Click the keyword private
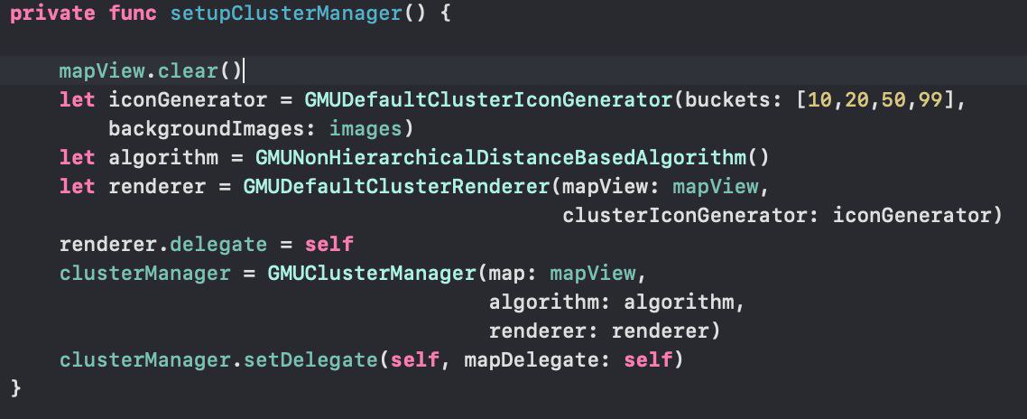tap(52, 14)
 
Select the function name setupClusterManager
tap(286, 14)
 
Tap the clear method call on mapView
tap(188, 70)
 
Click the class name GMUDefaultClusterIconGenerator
tap(488, 100)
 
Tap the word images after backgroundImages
tap(366, 129)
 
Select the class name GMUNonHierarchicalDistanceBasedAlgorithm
tap(501, 158)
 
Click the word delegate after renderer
tap(218, 245)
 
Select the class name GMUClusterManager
tap(372, 274)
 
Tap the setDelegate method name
tap(310, 360)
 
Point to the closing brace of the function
tap(15, 388)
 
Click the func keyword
tap(133, 14)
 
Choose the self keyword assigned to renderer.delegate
tap(329, 245)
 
